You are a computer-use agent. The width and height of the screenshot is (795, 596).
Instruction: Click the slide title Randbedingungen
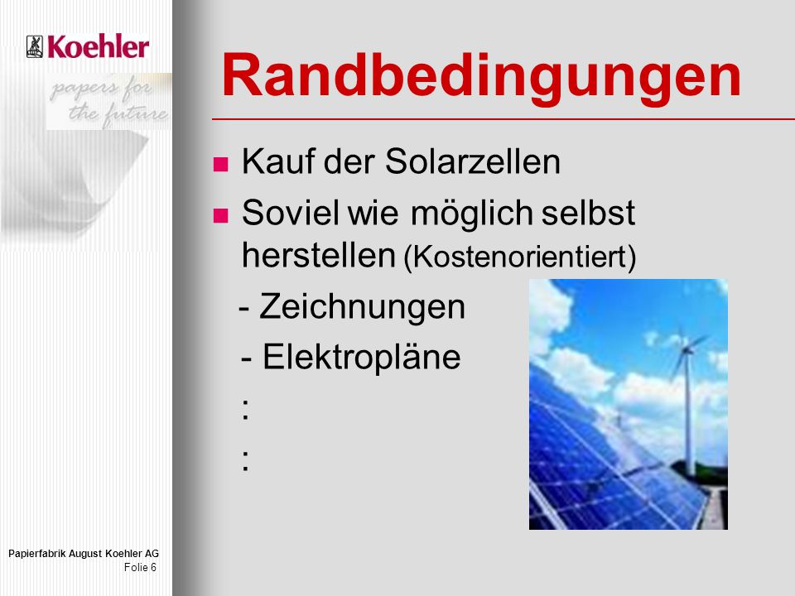pyautogui.click(x=481, y=78)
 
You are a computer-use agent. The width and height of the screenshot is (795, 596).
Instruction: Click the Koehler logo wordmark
pyautogui.click(x=99, y=46)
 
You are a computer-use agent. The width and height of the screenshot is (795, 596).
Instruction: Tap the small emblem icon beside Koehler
pyautogui.click(x=35, y=46)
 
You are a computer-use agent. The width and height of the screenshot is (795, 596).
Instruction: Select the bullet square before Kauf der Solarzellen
pyautogui.click(x=220, y=164)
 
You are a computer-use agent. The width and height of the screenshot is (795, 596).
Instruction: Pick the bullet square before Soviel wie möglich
pyautogui.click(x=220, y=215)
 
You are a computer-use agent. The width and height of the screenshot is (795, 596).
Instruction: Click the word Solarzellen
pyautogui.click(x=473, y=161)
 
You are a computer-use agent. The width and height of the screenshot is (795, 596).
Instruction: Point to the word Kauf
pyautogui.click(x=278, y=161)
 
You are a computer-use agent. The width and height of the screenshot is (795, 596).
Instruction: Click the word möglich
pyautogui.click(x=471, y=214)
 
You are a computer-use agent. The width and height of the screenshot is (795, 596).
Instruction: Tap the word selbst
pyautogui.click(x=588, y=213)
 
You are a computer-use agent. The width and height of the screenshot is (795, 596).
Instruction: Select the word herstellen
pyautogui.click(x=318, y=254)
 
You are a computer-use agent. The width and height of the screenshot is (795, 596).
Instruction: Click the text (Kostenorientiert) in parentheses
pyautogui.click(x=520, y=257)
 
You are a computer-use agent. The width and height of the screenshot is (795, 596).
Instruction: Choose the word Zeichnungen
pyautogui.click(x=362, y=307)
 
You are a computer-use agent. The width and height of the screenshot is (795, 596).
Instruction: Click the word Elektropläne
pyautogui.click(x=362, y=358)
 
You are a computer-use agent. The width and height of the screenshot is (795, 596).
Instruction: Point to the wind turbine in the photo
pyautogui.click(x=687, y=401)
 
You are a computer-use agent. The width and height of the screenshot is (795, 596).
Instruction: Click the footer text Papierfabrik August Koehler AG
pyautogui.click(x=84, y=554)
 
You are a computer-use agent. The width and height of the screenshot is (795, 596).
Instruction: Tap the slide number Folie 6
pyautogui.click(x=141, y=567)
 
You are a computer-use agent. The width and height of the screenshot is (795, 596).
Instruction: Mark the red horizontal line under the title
pyautogui.click(x=503, y=119)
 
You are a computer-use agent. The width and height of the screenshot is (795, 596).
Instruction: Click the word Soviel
pyautogui.click(x=291, y=213)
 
